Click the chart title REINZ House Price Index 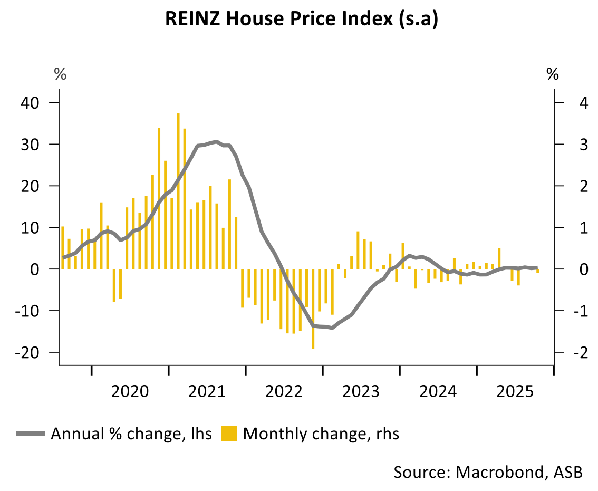[302, 19]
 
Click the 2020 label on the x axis [131, 391]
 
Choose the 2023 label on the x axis [361, 391]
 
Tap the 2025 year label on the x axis [515, 391]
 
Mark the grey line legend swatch [31, 434]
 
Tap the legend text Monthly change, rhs [321, 434]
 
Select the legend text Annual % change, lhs [131, 434]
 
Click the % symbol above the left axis [61, 74]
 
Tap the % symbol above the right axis [553, 74]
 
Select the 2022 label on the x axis [284, 391]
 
